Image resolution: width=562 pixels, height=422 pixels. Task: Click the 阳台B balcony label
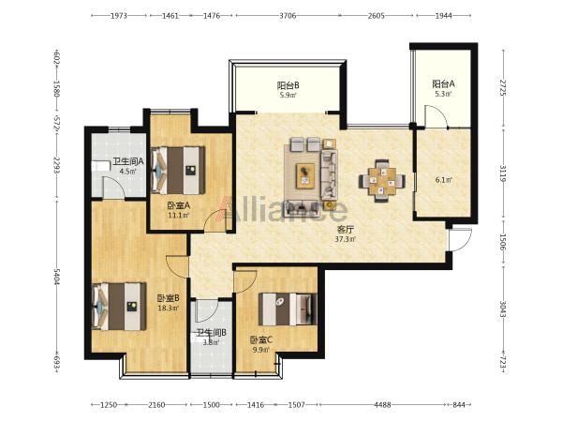click(288, 85)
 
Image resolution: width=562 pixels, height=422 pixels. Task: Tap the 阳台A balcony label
click(443, 84)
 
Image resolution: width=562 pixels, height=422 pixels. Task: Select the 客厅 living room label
click(345, 229)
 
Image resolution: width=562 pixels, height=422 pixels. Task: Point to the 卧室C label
click(261, 339)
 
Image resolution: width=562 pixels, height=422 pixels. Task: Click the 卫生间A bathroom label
click(128, 161)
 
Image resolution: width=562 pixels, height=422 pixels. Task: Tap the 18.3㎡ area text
click(169, 308)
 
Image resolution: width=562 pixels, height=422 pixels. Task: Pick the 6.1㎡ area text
click(444, 180)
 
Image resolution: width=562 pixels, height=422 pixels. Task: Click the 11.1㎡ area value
click(179, 216)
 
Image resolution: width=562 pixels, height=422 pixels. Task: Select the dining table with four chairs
click(382, 181)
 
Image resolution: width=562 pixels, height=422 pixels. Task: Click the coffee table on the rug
click(305, 175)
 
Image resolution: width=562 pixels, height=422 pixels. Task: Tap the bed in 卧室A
click(178, 170)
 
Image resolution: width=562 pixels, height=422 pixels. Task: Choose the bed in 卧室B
click(119, 307)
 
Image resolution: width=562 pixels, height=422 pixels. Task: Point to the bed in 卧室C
click(288, 309)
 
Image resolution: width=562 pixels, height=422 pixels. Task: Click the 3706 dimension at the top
click(288, 15)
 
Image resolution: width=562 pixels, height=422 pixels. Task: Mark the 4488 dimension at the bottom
click(382, 405)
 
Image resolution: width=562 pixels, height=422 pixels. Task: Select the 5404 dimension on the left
click(56, 277)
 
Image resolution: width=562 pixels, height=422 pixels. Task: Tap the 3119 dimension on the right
click(503, 173)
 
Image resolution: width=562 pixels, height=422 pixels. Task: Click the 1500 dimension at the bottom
click(211, 405)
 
